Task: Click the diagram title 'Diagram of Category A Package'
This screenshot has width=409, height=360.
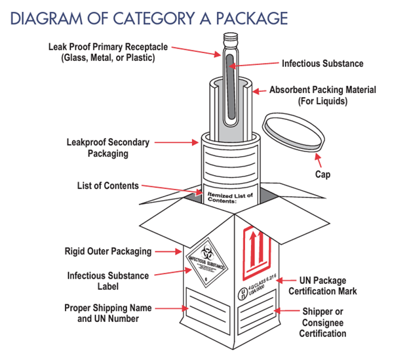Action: [x=149, y=17]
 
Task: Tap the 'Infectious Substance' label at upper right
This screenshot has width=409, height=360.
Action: [x=322, y=64]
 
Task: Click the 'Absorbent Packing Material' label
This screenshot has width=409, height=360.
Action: [x=322, y=96]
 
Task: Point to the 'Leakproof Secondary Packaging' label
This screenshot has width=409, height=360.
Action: [x=108, y=148]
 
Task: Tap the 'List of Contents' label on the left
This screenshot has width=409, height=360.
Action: [x=107, y=186]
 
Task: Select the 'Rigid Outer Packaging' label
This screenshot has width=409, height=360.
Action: [x=107, y=251]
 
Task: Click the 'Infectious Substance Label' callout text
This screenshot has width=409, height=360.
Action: [x=107, y=281]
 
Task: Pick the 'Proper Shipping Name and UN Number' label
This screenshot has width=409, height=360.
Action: [x=107, y=313]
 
